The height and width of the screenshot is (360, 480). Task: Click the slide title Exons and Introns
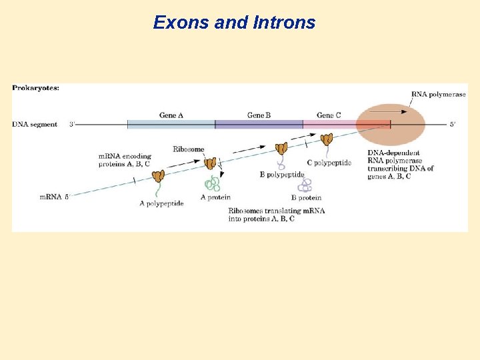pyautogui.click(x=234, y=23)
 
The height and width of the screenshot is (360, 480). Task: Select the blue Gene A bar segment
pyautogui.click(x=171, y=124)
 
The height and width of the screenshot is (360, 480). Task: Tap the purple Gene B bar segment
pyautogui.click(x=259, y=124)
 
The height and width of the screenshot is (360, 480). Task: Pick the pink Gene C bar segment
pyautogui.click(x=329, y=124)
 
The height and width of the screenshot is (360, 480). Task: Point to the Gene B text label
pyautogui.click(x=259, y=115)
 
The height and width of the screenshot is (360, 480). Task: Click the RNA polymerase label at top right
pyautogui.click(x=438, y=95)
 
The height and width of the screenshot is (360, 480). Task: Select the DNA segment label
pyautogui.click(x=35, y=125)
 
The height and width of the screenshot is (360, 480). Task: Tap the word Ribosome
pyautogui.click(x=189, y=149)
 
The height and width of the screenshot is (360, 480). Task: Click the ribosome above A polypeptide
pyautogui.click(x=158, y=176)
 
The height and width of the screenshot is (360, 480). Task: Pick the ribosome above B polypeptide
pyautogui.click(x=282, y=148)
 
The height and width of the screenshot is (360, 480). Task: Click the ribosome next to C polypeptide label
pyautogui.click(x=327, y=139)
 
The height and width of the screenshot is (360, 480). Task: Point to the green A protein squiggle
pyautogui.click(x=213, y=183)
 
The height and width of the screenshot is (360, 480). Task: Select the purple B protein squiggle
pyautogui.click(x=305, y=185)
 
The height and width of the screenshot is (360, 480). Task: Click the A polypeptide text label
pyautogui.click(x=161, y=203)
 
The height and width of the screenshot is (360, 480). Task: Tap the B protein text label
pyautogui.click(x=306, y=197)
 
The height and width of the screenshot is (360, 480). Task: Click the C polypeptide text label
pyautogui.click(x=329, y=162)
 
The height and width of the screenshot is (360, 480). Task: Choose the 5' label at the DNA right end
pyautogui.click(x=453, y=125)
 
